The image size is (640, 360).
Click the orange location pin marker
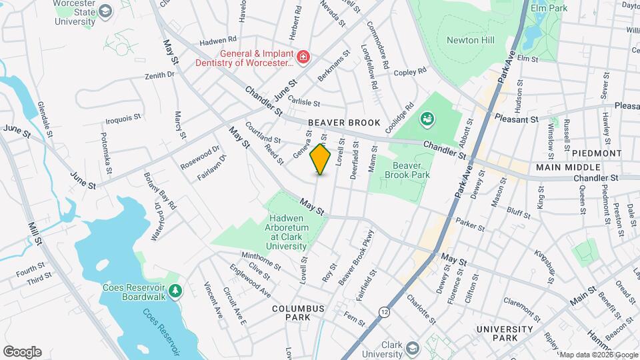coord(321,159)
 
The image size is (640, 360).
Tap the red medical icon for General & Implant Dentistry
coord(303,57)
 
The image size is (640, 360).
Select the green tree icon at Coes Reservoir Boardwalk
coord(175,290)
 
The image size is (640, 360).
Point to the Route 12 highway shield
coord(385,311)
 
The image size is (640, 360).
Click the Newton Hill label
coord(470,40)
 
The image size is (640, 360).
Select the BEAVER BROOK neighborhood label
coord(344,123)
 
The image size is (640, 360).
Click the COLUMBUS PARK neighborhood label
coord(298,313)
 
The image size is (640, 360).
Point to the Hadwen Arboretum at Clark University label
coord(287,232)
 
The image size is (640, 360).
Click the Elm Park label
coord(548,7)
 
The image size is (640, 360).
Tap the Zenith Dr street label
coord(159,75)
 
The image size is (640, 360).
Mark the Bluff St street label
coord(517,213)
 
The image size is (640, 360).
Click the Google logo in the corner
coord(22,351)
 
